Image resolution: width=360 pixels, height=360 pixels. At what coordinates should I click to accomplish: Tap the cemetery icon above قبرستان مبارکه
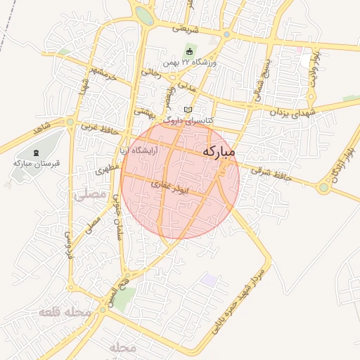(37, 152)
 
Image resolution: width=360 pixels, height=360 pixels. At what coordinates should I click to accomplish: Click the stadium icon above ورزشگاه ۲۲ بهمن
(189, 51)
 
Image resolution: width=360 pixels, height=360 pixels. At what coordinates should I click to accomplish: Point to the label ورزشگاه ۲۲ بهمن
(191, 63)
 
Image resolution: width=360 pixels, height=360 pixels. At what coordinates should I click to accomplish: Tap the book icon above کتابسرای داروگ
(187, 109)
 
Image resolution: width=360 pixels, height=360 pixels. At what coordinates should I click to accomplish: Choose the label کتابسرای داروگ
(187, 120)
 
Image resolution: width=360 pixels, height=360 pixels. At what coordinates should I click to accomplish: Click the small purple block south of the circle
(208, 279)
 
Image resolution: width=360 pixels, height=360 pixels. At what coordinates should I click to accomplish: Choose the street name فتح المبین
(113, 292)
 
